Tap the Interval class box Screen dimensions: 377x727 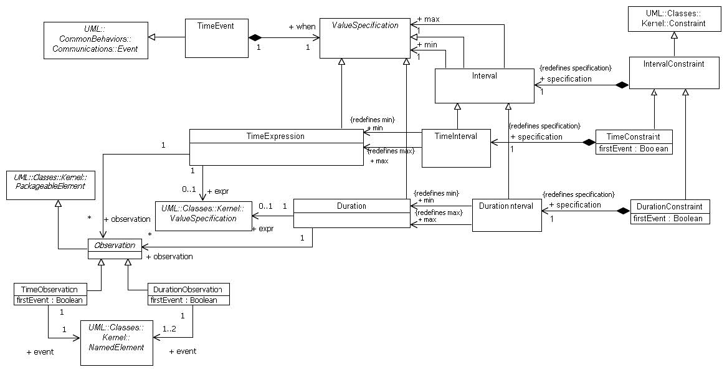tap(484, 86)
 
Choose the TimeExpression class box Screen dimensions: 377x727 tap(276, 148)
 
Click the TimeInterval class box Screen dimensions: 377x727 tap(456, 148)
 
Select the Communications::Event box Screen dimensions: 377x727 tap(95, 41)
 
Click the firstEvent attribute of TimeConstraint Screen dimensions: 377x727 tap(634, 149)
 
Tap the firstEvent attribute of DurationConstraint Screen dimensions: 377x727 tap(670, 218)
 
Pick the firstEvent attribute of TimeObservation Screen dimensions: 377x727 tap(50, 300)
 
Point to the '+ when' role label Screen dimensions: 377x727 tap(302, 27)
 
